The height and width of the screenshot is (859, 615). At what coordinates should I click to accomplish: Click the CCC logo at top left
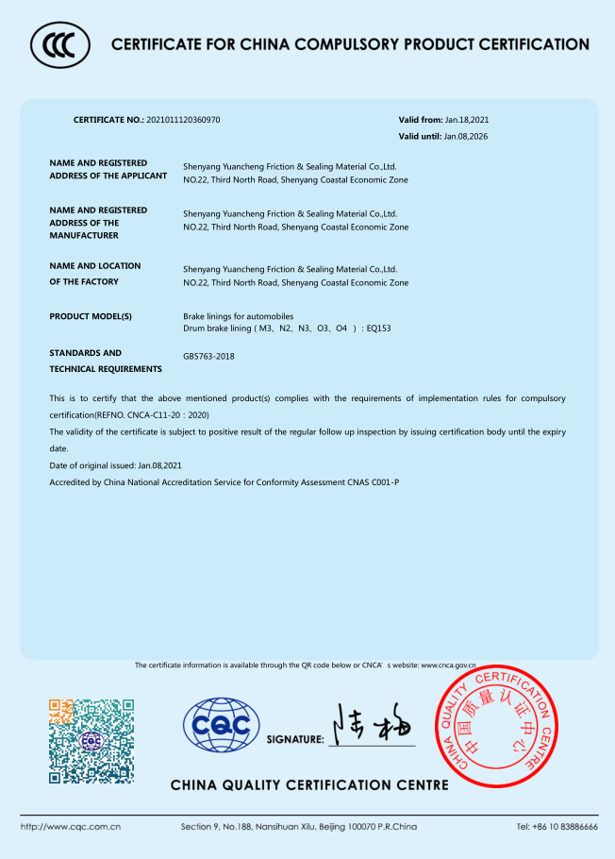click(60, 43)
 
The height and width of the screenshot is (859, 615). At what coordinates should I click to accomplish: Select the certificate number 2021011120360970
click(183, 120)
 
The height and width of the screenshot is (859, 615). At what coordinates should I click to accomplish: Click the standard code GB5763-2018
click(208, 357)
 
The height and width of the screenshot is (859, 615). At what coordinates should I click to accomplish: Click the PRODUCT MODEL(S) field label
click(91, 316)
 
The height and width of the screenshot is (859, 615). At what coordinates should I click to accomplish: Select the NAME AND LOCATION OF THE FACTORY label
click(94, 274)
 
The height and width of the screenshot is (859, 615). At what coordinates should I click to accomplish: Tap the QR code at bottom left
click(91, 740)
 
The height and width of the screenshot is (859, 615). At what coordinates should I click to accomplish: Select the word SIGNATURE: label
click(295, 739)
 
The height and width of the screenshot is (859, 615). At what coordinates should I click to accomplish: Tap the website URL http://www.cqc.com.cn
click(71, 827)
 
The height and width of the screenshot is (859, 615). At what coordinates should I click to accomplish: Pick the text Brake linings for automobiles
click(238, 315)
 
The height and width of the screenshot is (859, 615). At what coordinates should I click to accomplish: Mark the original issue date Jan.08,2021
click(160, 465)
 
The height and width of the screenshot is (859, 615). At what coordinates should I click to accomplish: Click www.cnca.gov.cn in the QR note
click(448, 665)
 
